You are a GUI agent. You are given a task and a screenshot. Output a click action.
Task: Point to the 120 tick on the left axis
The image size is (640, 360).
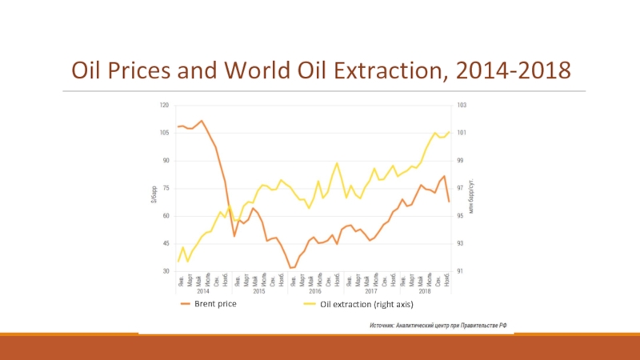(164, 105)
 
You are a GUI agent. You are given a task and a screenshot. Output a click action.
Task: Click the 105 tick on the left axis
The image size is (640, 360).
(164, 133)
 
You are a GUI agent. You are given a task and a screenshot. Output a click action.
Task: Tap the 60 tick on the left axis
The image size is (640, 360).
(165, 216)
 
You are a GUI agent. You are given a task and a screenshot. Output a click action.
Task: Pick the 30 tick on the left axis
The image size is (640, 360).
(165, 272)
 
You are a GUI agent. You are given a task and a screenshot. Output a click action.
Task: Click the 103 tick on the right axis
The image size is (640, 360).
(461, 105)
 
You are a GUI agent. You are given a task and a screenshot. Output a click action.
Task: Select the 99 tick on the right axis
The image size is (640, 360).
(461, 161)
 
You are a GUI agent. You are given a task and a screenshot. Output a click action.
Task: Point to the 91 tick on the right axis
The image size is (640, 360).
(461, 272)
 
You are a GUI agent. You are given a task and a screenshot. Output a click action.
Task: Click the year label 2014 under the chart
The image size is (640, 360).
(203, 290)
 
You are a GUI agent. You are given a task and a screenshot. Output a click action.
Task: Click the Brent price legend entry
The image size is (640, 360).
(217, 304)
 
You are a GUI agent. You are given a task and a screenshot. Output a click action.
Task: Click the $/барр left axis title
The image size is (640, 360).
(154, 193)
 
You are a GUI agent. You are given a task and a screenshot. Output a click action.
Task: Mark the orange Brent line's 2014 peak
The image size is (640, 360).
(202, 121)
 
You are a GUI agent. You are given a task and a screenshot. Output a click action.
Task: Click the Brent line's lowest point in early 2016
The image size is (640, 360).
(292, 267)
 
